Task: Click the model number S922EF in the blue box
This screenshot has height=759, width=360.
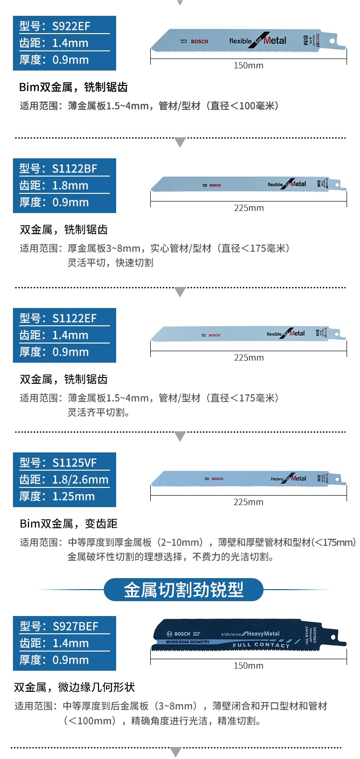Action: pos(71,26)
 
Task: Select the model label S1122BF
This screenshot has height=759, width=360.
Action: pos(74,168)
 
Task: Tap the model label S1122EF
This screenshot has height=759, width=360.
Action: pos(74,318)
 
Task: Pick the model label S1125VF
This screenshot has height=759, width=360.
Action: pos(74,463)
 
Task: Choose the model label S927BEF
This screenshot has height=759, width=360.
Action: pos(75,626)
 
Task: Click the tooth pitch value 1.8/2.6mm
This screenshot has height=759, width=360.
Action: pos(80,479)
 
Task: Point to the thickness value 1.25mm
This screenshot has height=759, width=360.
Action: pos(73,496)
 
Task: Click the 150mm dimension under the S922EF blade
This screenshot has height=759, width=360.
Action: pos(248,65)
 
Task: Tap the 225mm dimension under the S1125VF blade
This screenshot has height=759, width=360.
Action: pos(248,502)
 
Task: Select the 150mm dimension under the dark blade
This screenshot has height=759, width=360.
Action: pos(248,665)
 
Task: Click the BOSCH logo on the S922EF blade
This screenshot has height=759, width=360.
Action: pos(199,42)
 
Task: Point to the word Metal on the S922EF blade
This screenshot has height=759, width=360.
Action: pos(275,41)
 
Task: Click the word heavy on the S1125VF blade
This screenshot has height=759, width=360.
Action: pos(277,479)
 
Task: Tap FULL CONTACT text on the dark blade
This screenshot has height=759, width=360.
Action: pos(261,645)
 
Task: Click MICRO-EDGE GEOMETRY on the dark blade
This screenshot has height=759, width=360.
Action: pos(188,642)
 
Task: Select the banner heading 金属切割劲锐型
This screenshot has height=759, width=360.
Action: pos(183,590)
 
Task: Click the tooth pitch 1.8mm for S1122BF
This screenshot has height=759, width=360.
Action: pos(70,185)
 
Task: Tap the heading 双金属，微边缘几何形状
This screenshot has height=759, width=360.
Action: pos(74,687)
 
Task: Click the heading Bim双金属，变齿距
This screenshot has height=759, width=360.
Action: pos(69,523)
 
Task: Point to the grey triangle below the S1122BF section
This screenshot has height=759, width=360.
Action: pos(180,292)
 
